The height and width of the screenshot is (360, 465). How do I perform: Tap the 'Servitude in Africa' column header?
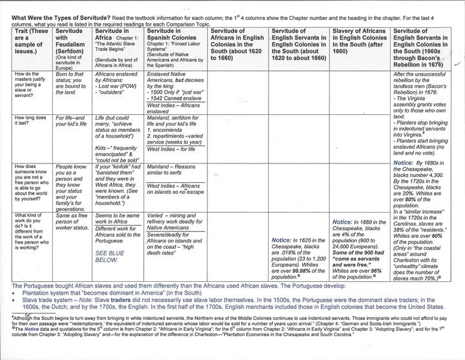[119, 48]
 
